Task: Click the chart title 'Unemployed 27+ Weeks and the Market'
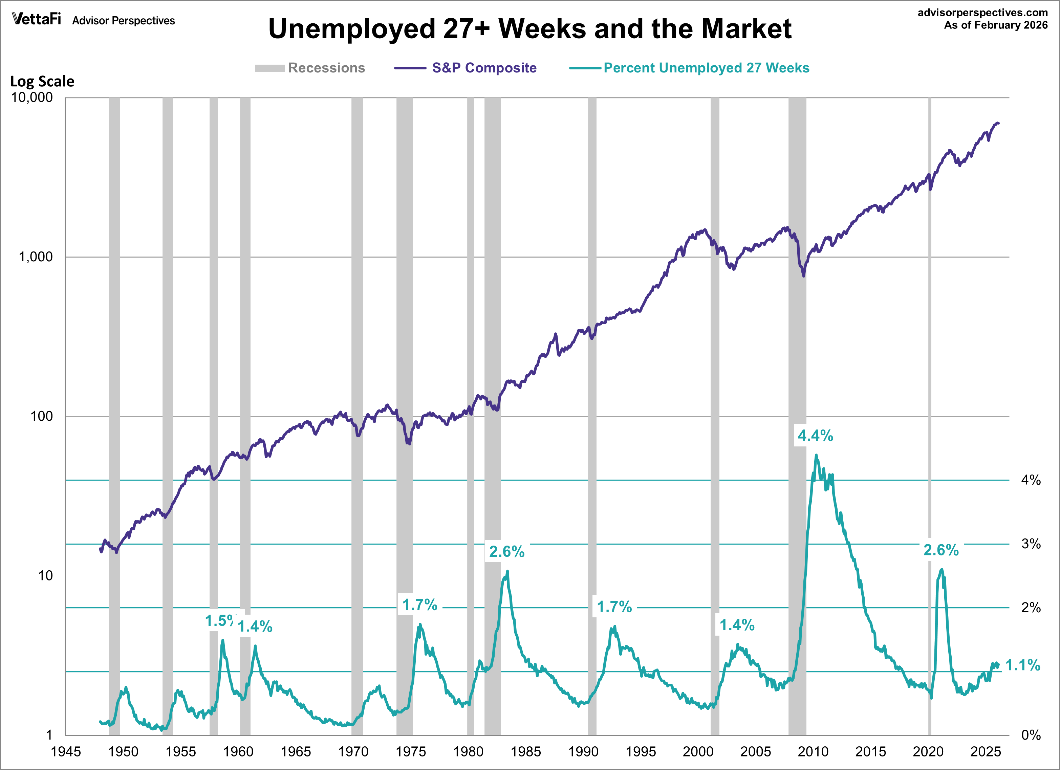point(529,29)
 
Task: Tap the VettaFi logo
point(37,19)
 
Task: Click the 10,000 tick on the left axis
point(32,98)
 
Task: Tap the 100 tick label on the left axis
point(42,416)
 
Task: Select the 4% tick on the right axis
point(1031,480)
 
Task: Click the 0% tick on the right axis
point(1031,735)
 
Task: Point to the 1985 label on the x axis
point(525,752)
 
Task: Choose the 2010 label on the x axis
point(813,752)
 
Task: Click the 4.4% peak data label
point(815,436)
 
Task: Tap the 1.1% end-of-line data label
point(1023,665)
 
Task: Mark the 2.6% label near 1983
point(506,552)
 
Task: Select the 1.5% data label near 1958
point(220,621)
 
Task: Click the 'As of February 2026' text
point(995,25)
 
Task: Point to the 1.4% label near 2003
point(737,625)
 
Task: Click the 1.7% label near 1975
point(420,605)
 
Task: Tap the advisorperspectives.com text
point(982,13)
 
